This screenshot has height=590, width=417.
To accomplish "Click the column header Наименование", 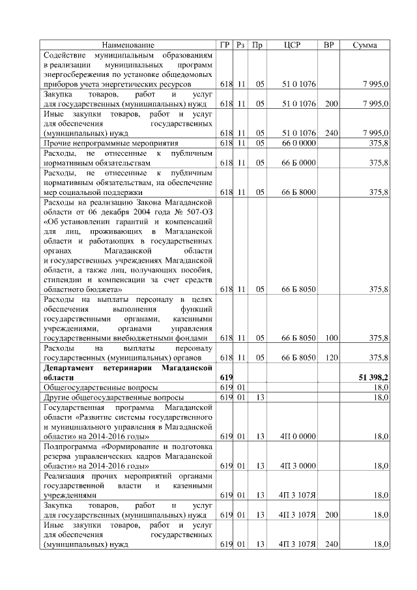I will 128,45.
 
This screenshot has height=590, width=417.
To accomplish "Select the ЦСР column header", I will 291,45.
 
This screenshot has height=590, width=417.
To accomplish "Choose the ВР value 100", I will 331,338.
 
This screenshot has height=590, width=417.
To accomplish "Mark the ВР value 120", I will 331,357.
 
